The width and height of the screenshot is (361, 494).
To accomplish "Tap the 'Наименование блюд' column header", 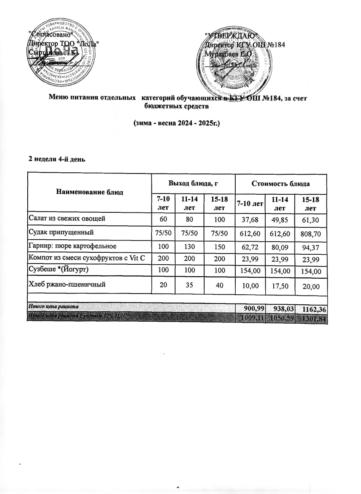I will coord(90,192).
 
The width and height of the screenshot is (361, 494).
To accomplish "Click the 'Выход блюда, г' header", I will coord(193,184).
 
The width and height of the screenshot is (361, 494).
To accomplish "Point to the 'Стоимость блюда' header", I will coord(280,184).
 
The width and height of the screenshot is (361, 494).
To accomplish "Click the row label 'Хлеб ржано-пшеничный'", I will coord(67,284).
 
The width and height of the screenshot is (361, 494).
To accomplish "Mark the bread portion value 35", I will coord(190,285).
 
